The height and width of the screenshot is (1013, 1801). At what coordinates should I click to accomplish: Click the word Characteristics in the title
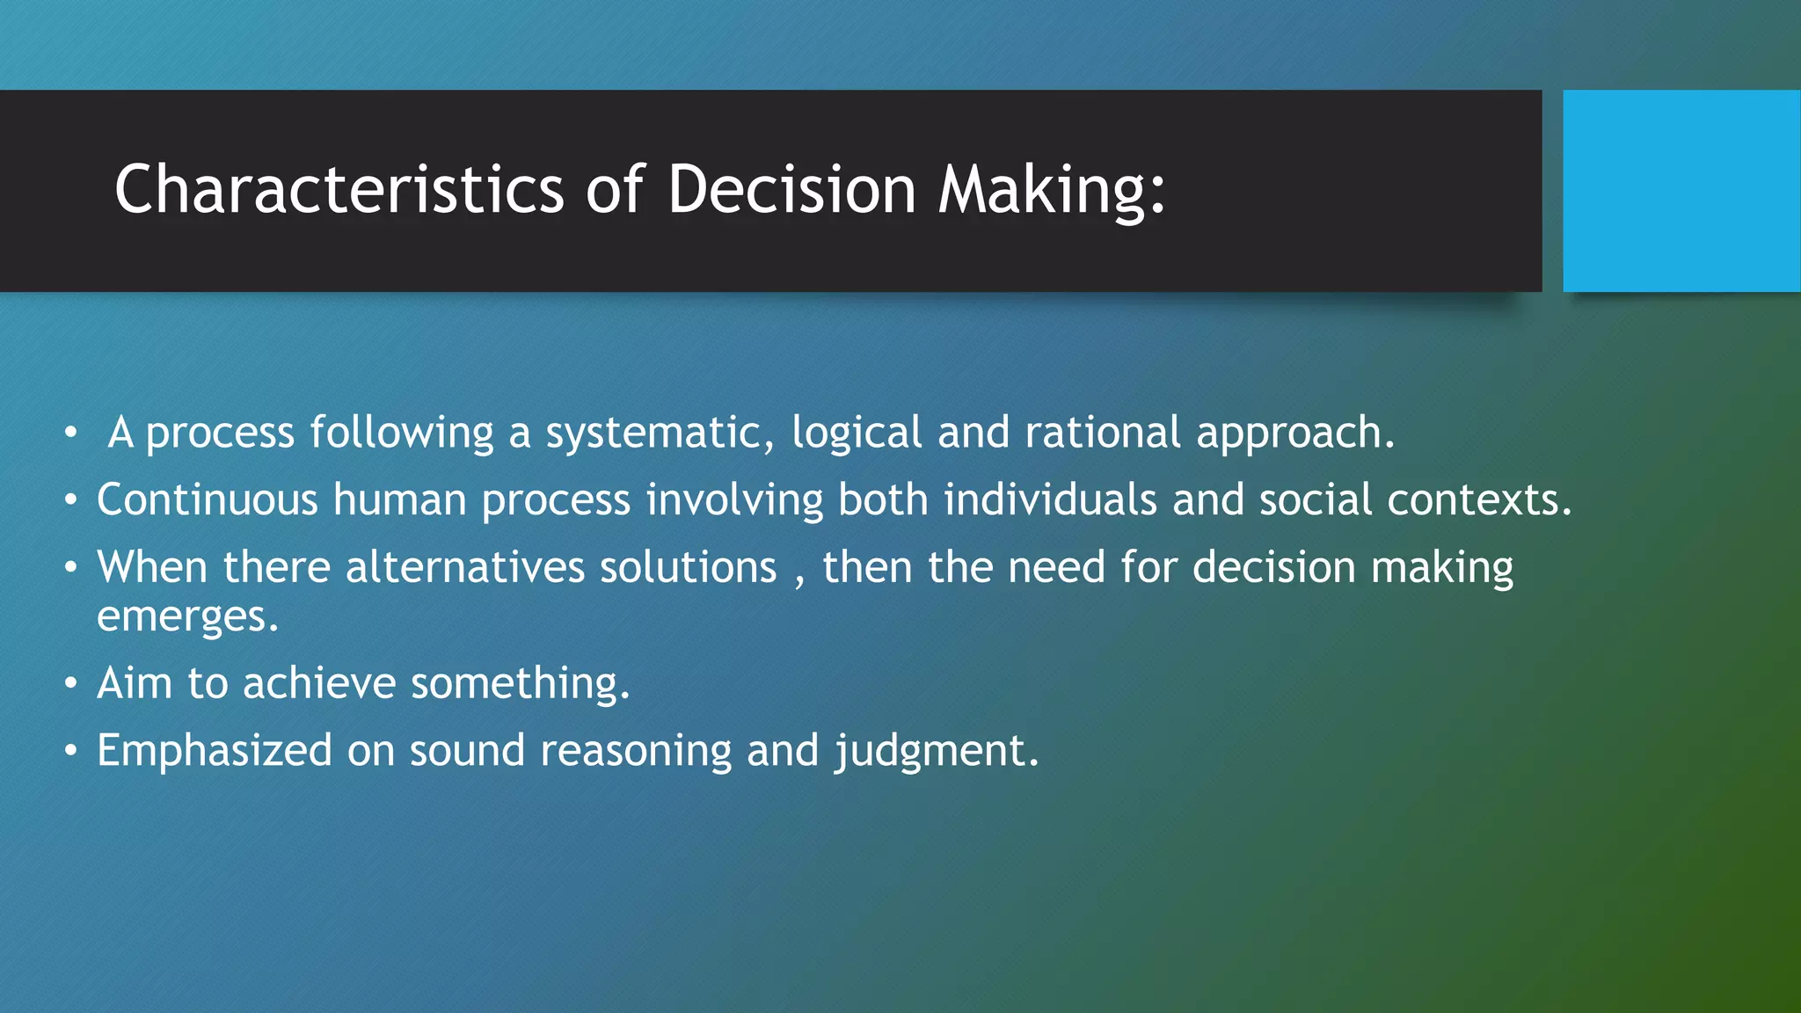[339, 190]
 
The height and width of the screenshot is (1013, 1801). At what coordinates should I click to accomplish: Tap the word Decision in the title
[791, 190]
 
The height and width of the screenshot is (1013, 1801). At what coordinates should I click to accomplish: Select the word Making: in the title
[1052, 190]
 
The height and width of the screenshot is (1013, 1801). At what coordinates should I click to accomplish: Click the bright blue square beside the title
[1681, 190]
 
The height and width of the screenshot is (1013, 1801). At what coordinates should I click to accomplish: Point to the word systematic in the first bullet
[660, 433]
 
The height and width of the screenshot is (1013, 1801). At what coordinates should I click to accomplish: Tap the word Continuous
[208, 499]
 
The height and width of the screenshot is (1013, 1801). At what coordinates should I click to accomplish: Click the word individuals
[1050, 499]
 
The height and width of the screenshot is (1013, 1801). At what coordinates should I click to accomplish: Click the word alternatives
[464, 567]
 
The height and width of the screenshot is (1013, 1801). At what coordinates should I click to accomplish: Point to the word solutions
[688, 567]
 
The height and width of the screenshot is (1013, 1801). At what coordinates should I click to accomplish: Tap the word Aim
[134, 683]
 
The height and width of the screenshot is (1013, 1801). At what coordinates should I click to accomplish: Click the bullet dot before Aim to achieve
[71, 683]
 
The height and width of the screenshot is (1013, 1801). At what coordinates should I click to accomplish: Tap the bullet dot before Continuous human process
[71, 500]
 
